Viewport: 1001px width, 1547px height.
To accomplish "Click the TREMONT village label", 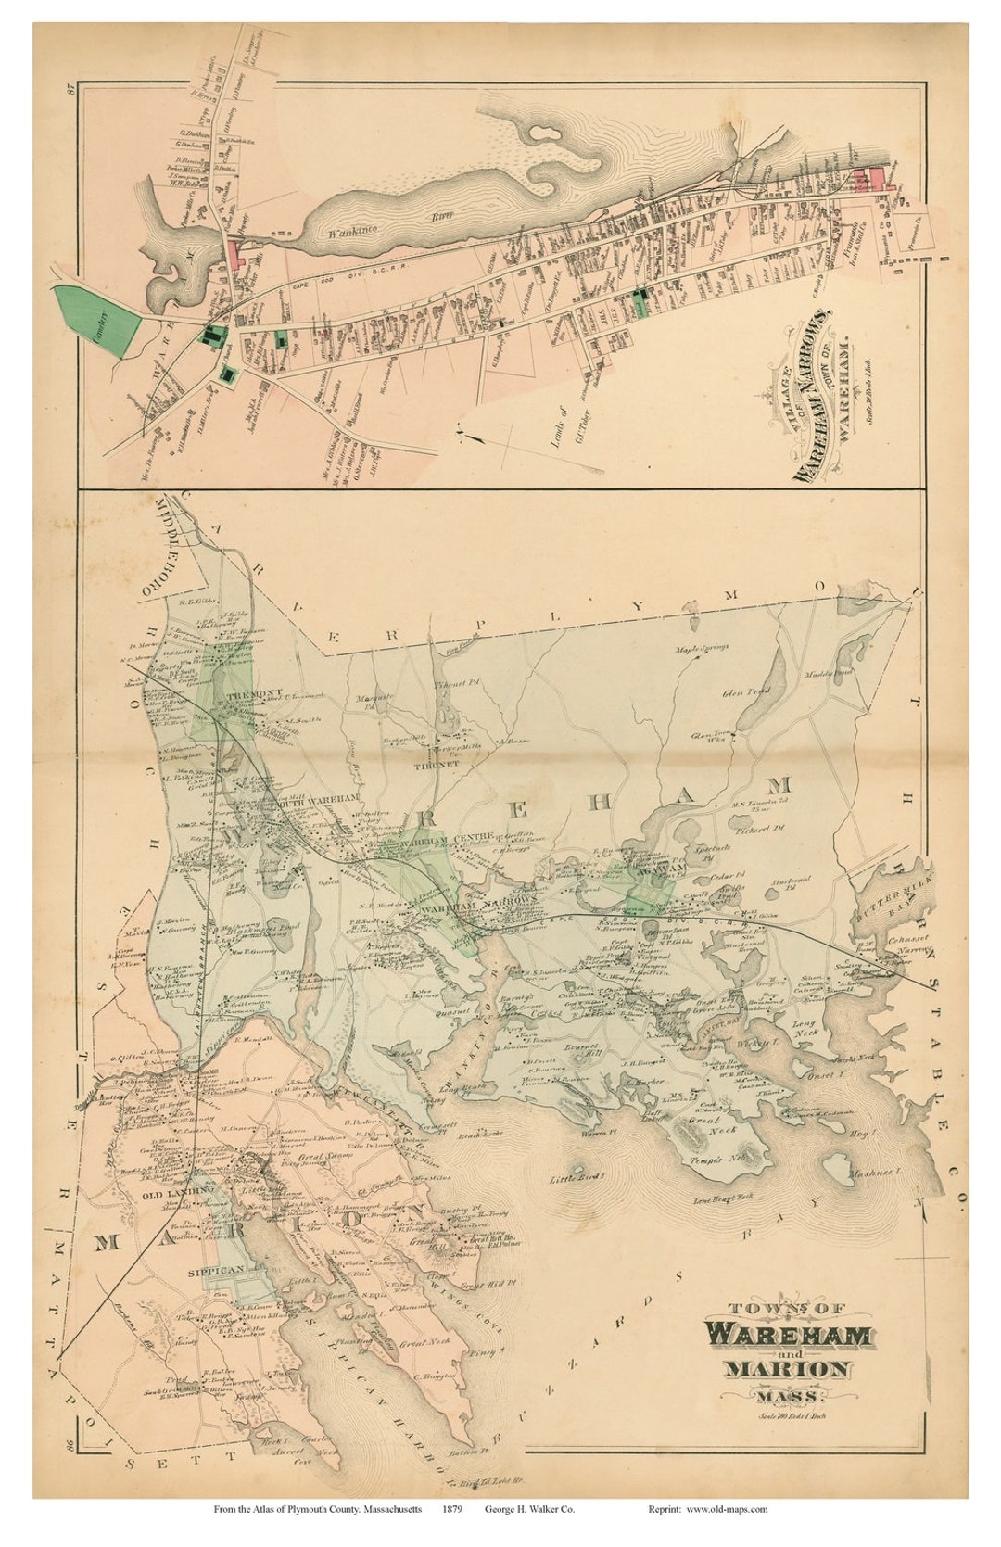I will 235,692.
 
